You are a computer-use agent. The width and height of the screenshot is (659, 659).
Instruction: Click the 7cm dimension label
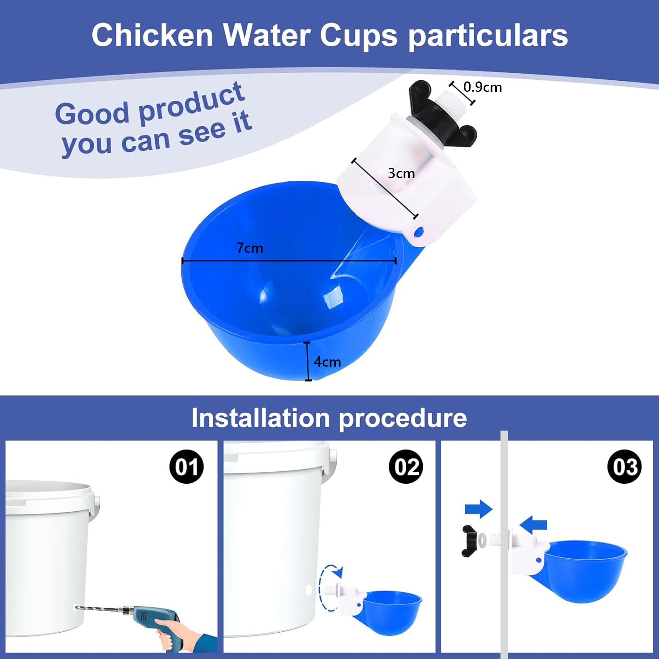[x=250, y=248]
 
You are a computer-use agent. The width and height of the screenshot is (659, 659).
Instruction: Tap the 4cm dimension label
[x=327, y=362]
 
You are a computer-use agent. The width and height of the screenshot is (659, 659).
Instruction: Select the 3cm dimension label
[x=401, y=173]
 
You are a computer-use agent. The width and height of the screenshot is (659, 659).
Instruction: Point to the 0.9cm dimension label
[x=482, y=87]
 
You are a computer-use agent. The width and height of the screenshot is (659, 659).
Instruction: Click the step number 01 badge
[x=187, y=466]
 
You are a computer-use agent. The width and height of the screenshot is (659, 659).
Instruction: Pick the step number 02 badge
[x=406, y=466]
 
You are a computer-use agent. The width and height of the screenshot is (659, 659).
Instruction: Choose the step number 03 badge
[x=625, y=466]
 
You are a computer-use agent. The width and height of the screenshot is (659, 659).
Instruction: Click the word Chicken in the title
[x=153, y=35]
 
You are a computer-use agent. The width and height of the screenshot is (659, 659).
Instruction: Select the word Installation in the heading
[x=261, y=418]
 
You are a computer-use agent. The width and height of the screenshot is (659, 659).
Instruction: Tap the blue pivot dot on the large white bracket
[x=419, y=231]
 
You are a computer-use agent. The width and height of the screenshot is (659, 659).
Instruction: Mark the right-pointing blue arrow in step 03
[x=479, y=509]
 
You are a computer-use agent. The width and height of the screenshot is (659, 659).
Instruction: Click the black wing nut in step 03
[x=469, y=541]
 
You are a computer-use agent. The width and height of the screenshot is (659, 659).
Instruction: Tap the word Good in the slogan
[x=92, y=113]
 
